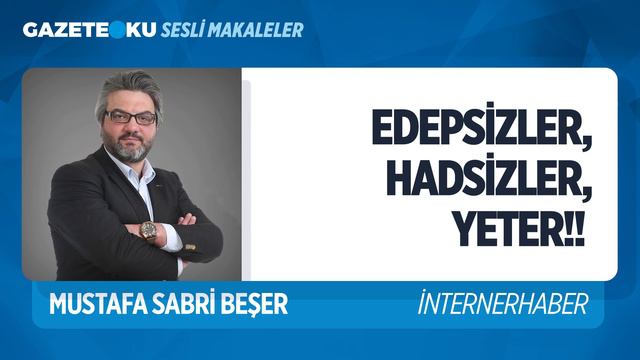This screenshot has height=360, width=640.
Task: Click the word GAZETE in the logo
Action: (x=61, y=30)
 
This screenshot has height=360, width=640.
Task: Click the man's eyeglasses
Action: (x=130, y=118)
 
